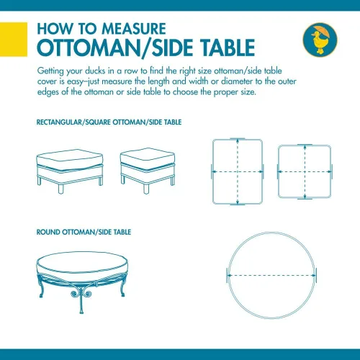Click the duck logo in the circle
320,40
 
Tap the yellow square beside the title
14,40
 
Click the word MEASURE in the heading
134,29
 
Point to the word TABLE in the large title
228,48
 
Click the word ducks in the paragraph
95,71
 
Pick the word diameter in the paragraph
237,81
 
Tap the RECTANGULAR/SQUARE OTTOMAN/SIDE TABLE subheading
109,122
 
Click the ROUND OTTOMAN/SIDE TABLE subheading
84,232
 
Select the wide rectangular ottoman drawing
70,171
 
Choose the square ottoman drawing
148,171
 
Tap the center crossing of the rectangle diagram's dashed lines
238,171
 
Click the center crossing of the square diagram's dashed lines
305,171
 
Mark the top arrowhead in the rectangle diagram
238,141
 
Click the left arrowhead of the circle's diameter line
230,276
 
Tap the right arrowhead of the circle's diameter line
314,276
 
